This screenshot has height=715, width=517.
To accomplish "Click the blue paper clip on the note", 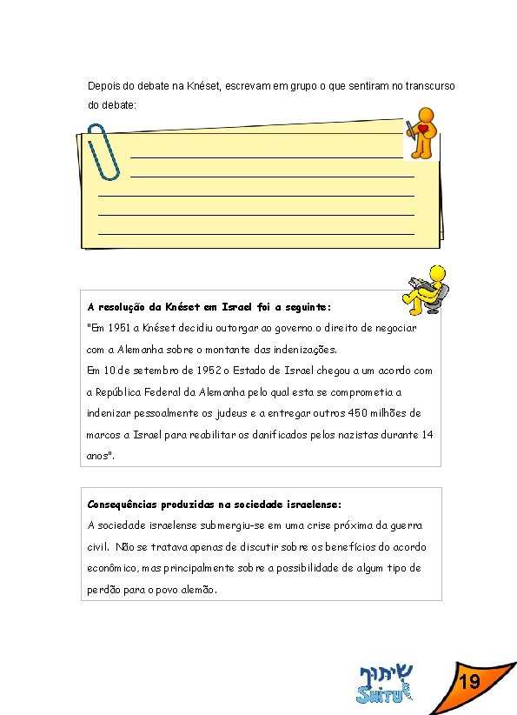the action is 104,150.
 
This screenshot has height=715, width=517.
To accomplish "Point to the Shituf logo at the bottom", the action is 384,684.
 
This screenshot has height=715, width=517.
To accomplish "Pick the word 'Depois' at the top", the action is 103,86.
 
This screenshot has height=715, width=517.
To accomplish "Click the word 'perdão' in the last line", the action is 104,590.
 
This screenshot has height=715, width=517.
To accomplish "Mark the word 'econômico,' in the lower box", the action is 109,568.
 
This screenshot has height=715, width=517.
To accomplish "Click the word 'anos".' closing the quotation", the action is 101,455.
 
